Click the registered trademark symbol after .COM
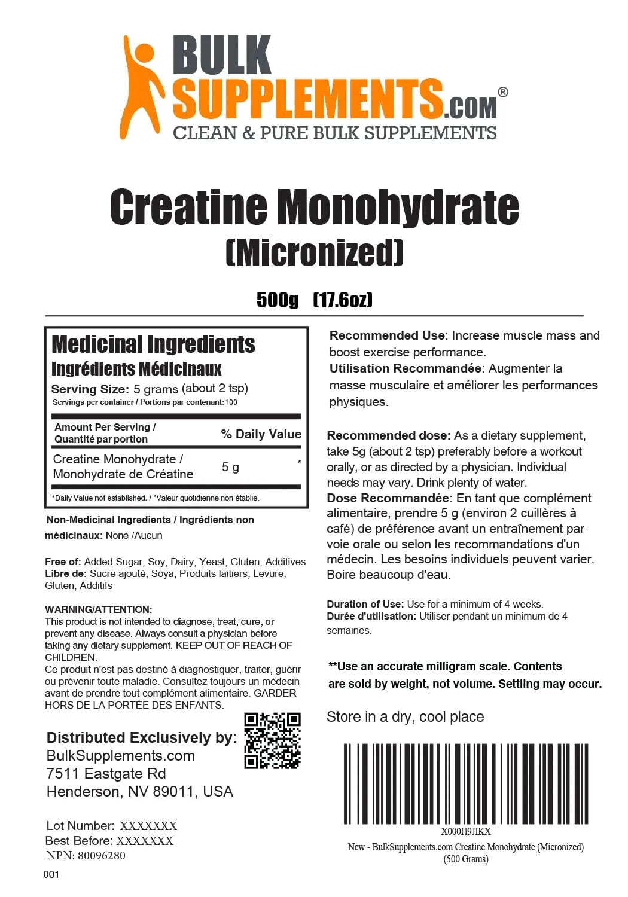pyautogui.click(x=503, y=92)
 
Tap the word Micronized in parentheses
pyautogui.click(x=315, y=252)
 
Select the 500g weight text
pyautogui.click(x=278, y=299)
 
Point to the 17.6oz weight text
pyautogui.click(x=343, y=299)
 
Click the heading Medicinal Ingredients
pyautogui.click(x=153, y=344)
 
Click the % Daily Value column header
pyautogui.click(x=261, y=434)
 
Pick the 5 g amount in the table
pyautogui.click(x=230, y=467)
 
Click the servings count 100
pyautogui.click(x=231, y=402)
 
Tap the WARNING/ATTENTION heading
pyautogui.click(x=98, y=609)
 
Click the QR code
pyautogui.click(x=272, y=740)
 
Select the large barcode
pyautogui.click(x=465, y=783)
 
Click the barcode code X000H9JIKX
pyautogui.click(x=465, y=831)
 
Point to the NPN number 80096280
pyautogui.click(x=101, y=856)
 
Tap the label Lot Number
pyautogui.click(x=80, y=826)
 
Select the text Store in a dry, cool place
pyautogui.click(x=405, y=716)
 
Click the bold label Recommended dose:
pyautogui.click(x=388, y=435)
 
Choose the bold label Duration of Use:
pyautogui.click(x=365, y=604)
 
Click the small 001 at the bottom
pyautogui.click(x=51, y=874)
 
